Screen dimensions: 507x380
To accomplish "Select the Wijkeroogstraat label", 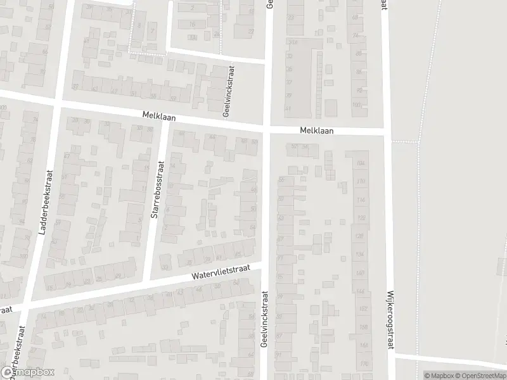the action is click(388, 320).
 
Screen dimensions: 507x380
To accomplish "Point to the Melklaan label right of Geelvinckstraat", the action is click(316, 130).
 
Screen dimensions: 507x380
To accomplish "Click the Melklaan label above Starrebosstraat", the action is click(158, 117).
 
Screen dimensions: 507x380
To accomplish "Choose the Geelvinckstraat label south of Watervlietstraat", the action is click(265, 319).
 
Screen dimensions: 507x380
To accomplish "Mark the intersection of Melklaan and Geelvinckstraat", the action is click(267, 129).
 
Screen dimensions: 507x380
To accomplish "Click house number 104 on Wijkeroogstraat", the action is click(361, 163).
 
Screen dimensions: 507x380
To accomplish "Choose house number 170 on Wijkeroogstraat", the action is click(363, 364).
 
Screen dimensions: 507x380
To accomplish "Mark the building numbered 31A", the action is click(293, 42).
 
